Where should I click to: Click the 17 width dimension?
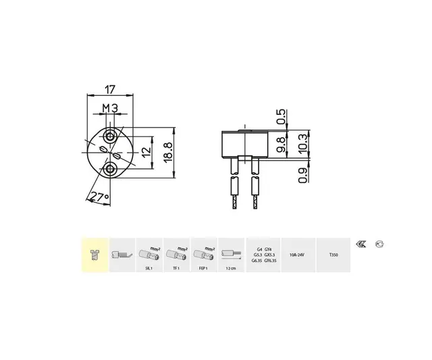111,88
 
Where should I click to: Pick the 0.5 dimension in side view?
282,116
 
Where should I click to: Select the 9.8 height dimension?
282,144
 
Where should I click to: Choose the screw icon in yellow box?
94,256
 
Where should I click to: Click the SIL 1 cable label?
148,268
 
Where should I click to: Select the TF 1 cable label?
175,268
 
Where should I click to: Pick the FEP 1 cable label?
203,268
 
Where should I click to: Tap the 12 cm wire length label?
232,268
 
